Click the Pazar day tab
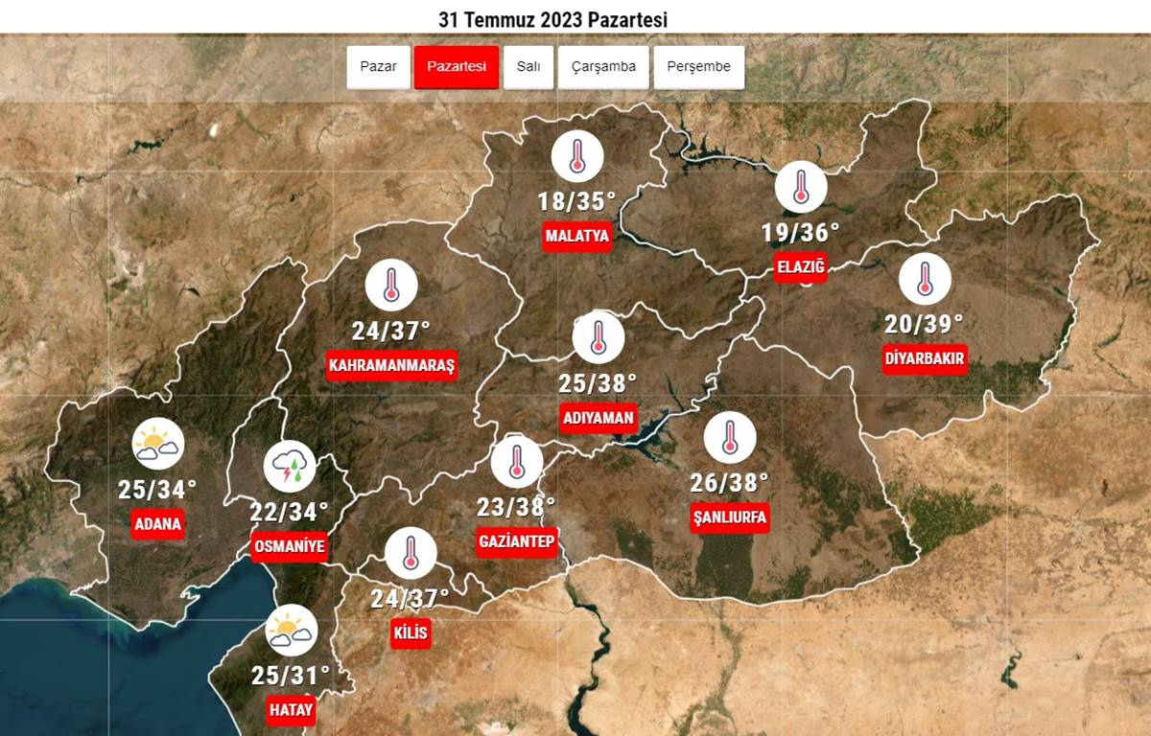coord(378,67)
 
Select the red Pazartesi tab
coord(457,67)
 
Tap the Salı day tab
coord(529,67)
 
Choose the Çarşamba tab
coord(603,67)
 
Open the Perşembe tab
coord(699,67)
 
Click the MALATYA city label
coord(577,237)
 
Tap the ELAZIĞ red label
coord(800,266)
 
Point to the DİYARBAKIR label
coord(925,359)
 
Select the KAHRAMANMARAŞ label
coord(391,366)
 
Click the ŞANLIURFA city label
coord(730,517)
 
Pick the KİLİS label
coord(411,633)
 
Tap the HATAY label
coord(291,710)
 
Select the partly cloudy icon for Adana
coord(157,444)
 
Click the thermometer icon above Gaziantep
coord(516,461)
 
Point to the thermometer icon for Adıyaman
coord(599,337)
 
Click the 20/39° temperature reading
coord(925,323)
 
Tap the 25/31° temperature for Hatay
coord(291,676)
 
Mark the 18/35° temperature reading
coord(576,202)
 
